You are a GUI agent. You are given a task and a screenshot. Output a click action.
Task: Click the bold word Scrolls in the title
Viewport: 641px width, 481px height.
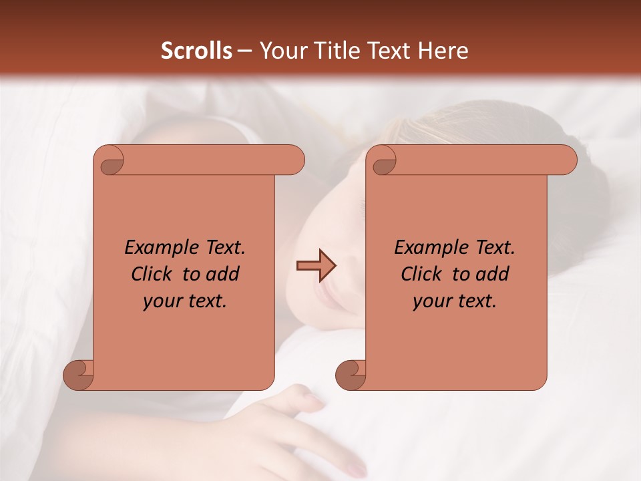pos(197,51)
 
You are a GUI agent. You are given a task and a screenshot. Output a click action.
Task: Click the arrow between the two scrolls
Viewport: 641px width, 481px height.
pos(316,266)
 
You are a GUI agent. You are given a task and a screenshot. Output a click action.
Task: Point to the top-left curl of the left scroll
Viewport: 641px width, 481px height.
pos(110,160)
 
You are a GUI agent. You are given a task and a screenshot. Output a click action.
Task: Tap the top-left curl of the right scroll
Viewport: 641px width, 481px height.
pos(382,160)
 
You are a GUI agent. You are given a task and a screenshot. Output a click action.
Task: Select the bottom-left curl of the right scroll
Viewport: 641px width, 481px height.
pos(351,375)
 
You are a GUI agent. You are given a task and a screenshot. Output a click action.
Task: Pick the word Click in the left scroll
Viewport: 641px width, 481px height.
pos(154,274)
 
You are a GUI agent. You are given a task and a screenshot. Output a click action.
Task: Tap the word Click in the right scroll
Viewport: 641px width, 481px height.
pos(421,274)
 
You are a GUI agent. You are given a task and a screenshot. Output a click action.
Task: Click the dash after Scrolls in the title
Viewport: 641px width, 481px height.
pos(244,51)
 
